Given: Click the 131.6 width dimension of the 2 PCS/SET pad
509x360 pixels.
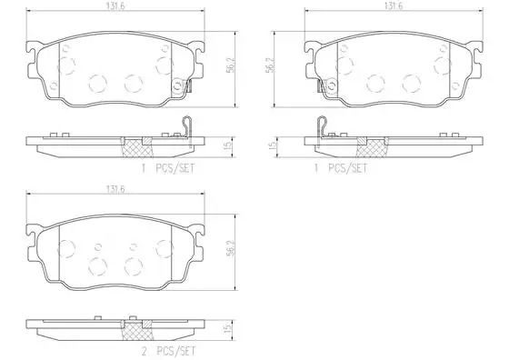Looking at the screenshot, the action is pyautogui.click(x=116, y=189).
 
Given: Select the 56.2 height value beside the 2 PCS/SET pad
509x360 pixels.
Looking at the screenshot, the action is pyautogui.click(x=231, y=249).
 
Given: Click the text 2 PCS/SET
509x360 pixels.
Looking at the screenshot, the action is pyautogui.click(x=168, y=351).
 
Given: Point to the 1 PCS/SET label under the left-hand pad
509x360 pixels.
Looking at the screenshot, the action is pyautogui.click(x=168, y=168).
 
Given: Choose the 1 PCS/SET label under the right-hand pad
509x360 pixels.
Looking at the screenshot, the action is pyautogui.click(x=340, y=168).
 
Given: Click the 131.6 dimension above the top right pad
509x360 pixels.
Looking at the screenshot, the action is pyautogui.click(x=394, y=6).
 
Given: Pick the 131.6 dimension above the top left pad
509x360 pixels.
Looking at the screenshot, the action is pyautogui.click(x=116, y=6).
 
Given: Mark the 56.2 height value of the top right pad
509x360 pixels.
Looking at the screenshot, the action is pyautogui.click(x=270, y=65).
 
